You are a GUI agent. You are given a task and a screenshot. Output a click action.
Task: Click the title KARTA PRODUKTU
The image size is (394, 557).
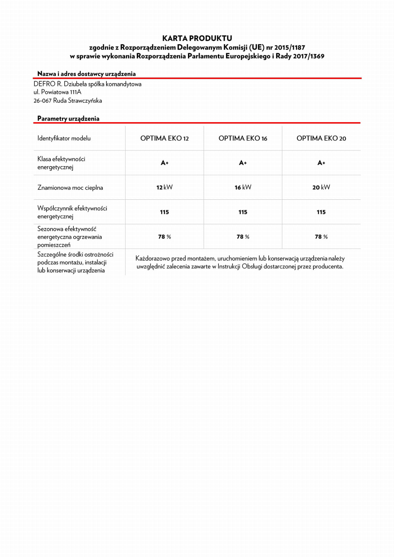tap(197, 38)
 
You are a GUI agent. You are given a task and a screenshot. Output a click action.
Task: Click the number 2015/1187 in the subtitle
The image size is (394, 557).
tap(290, 47)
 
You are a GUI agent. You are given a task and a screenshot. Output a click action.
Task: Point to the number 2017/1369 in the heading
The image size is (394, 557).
tap(309, 56)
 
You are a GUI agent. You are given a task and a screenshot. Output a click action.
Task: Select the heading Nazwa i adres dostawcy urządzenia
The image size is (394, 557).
tap(86, 74)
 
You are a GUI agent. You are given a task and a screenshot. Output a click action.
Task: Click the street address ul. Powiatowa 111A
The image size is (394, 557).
tap(57, 92)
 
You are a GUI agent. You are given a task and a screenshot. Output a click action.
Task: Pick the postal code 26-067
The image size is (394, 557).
tap(42, 101)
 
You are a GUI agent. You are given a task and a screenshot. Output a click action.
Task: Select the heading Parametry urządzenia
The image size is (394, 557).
tap(68, 119)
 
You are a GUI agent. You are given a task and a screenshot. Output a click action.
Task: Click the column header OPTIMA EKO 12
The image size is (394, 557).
tap(164, 138)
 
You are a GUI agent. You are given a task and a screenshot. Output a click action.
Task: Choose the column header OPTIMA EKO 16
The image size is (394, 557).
tap(243, 138)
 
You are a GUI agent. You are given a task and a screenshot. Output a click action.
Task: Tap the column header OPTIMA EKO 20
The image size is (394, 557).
tap(321, 138)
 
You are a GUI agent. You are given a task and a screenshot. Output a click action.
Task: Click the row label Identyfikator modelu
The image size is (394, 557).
tap(64, 138)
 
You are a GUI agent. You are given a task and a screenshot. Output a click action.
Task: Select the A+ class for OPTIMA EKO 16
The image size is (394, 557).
tap(243, 163)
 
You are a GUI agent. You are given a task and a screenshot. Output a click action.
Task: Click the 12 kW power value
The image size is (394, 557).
tap(164, 187)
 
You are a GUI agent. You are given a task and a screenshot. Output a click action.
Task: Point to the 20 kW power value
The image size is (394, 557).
tap(321, 187)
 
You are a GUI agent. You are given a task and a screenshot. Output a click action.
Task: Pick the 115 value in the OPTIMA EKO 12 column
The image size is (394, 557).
tap(164, 212)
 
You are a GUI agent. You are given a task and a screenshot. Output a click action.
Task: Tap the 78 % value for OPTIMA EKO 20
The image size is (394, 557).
tap(321, 237)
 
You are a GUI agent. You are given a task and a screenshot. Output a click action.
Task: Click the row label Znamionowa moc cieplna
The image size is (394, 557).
tap(70, 187)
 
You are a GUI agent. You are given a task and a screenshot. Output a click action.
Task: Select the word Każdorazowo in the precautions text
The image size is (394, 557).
tap(152, 259)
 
